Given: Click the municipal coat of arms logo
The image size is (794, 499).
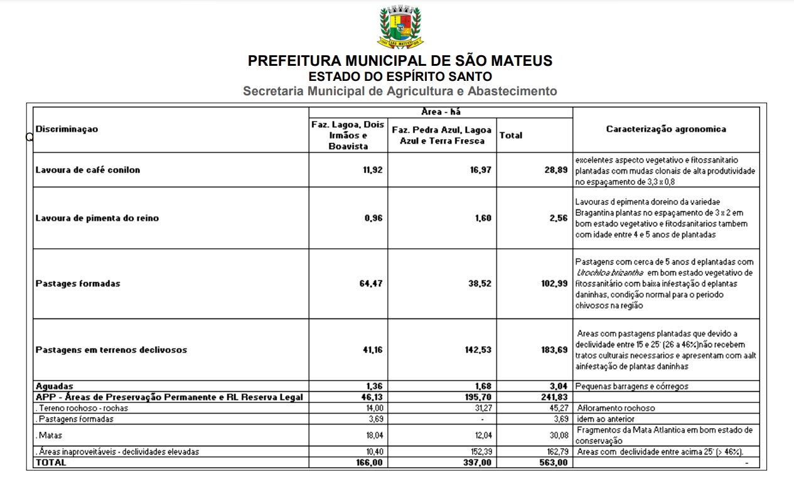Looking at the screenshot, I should (400, 26).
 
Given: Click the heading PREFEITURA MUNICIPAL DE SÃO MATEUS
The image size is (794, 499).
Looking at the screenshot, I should (400, 61).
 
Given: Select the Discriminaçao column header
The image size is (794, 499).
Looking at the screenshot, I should (67, 129).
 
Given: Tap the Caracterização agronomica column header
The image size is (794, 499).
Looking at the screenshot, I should (666, 129).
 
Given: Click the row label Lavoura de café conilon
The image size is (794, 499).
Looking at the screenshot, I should (88, 170).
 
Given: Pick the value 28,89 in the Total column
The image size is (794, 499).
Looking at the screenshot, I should (555, 170).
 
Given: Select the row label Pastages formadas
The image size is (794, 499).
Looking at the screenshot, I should (78, 283).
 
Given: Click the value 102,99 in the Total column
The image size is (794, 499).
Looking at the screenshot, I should (554, 283).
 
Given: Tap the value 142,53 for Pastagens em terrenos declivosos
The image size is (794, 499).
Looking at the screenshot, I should (478, 350).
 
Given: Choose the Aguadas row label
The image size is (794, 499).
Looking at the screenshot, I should (55, 386).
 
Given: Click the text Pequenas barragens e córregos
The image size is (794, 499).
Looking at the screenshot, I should (631, 387).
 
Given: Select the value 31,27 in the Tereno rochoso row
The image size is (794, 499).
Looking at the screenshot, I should (481, 408).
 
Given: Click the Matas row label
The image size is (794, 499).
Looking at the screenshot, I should (50, 435).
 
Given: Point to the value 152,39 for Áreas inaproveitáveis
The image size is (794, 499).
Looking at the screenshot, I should (480, 451).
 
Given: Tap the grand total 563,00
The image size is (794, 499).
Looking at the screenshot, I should (554, 463).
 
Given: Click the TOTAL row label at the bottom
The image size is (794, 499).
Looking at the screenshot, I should (50, 463).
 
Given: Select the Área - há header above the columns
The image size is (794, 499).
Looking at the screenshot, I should (441, 112).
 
